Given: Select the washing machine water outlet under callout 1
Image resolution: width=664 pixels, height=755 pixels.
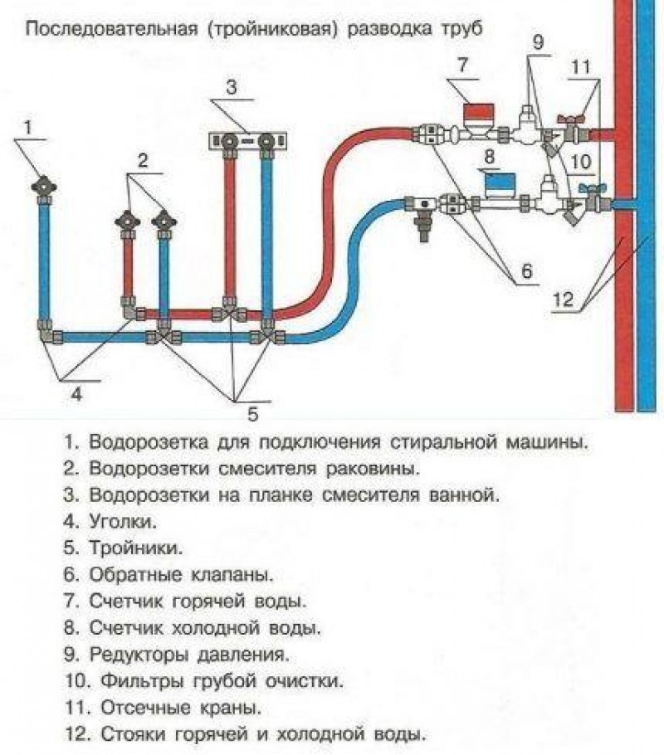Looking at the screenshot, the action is point(44,188).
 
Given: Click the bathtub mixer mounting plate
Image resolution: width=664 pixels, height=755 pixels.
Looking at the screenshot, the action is point(247,141).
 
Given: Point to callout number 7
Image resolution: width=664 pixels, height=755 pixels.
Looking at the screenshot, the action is point(462,65).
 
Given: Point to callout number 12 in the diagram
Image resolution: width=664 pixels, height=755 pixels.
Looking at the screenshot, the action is point(563,300).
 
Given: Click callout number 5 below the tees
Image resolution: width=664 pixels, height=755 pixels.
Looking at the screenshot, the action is point(253,413).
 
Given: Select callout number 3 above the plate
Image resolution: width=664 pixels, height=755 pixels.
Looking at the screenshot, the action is point(232,88).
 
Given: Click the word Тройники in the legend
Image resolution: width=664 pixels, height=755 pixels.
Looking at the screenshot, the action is point(136,548).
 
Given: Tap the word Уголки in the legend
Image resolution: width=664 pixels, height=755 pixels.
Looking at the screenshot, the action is point(123,522).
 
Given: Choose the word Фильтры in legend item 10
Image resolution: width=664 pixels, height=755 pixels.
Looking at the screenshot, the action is point(142,682).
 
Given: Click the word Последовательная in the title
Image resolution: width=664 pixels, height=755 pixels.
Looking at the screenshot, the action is point(111,29).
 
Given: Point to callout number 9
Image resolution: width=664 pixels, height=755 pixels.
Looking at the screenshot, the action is point(538,42).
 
